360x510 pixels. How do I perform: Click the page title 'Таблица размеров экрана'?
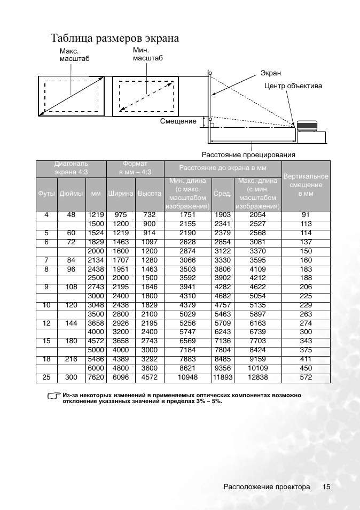114,38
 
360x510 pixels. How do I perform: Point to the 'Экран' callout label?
270,73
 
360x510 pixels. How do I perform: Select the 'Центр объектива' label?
293,86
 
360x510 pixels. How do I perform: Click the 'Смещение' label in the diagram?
178,121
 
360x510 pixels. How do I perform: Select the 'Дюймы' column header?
71,194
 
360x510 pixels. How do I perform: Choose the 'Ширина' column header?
121,194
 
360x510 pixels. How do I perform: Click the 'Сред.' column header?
222,194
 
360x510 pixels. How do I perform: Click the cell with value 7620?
96,378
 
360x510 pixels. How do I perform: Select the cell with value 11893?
222,378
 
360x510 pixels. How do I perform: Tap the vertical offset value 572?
306,378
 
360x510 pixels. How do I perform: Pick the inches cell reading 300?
71,378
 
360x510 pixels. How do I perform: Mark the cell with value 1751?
187,215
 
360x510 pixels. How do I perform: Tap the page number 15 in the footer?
326,487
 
